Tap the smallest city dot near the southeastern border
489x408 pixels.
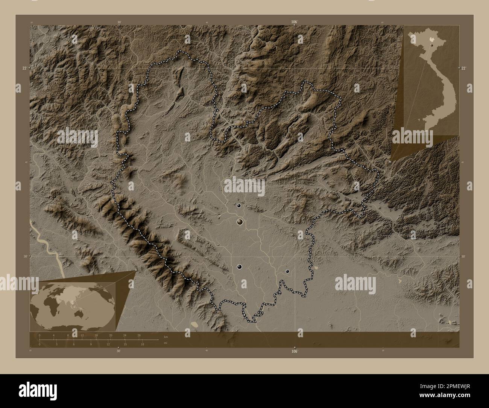coord(287,271)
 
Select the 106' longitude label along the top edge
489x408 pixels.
coord(295,22)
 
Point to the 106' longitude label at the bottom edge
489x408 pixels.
coord(295,351)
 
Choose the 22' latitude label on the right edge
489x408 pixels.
coord(463,68)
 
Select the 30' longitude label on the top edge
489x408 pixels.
coord(119,22)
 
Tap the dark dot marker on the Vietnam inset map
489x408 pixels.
coord(433,45)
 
